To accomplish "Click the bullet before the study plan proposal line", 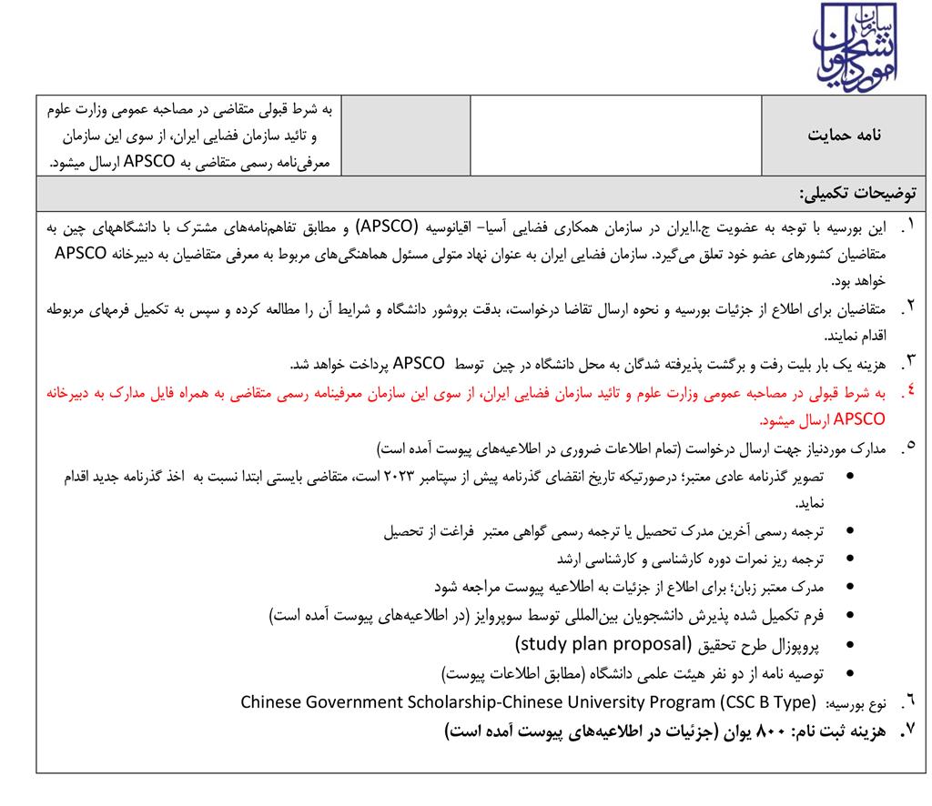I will click(x=850, y=648).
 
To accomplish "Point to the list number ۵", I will click(x=908, y=448).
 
